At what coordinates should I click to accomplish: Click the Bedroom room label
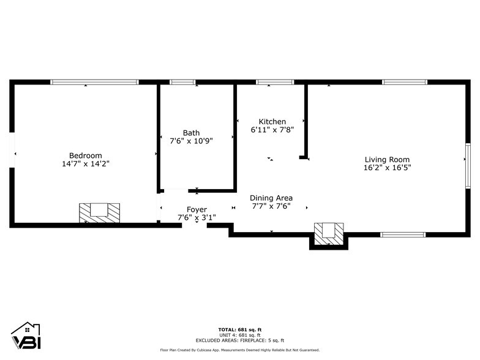click(x=85, y=156)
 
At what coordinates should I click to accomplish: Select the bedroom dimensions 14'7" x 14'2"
click(x=85, y=163)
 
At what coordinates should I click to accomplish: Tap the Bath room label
click(x=191, y=133)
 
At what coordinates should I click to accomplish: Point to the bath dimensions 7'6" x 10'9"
click(x=191, y=141)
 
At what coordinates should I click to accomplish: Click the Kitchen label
click(x=272, y=122)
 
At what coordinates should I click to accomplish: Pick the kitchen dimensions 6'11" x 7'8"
click(x=272, y=130)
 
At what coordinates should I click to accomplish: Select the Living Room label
click(x=387, y=160)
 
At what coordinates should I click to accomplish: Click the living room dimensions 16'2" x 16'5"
click(x=387, y=168)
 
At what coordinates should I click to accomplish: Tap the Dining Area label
click(x=271, y=198)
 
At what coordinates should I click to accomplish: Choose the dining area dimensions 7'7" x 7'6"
click(x=271, y=206)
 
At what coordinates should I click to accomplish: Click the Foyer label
click(x=197, y=209)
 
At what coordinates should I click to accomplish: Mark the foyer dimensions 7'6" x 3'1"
click(x=197, y=217)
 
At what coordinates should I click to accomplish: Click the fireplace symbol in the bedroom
click(x=99, y=212)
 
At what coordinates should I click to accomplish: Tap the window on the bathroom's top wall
click(x=182, y=82)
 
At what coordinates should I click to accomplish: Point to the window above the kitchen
click(x=275, y=82)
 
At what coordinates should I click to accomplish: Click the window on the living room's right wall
click(x=467, y=159)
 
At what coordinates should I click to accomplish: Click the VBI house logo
click(x=25, y=337)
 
